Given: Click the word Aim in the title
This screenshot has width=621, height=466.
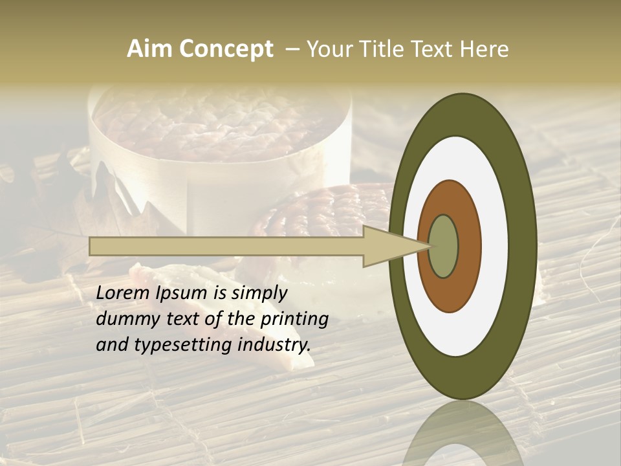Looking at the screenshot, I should pos(149,49).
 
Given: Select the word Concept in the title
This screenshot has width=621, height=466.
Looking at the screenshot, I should pos(225,50).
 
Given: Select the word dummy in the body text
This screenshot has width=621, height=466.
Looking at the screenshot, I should pos(125,319).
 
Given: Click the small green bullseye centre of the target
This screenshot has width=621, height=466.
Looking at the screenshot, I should pos(444,246).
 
